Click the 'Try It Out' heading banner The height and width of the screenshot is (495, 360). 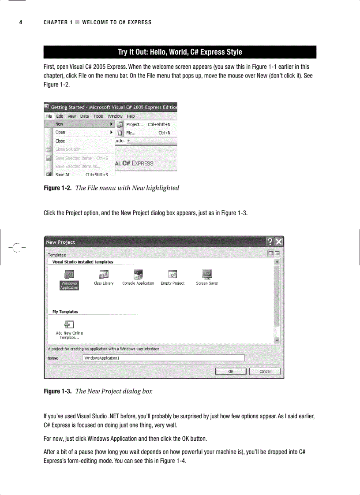coord(180,52)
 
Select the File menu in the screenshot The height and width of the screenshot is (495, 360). coord(49,116)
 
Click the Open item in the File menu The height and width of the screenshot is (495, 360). coord(60,132)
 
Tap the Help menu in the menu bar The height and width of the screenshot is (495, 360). coord(131,116)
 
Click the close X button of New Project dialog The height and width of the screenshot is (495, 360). coord(279,242)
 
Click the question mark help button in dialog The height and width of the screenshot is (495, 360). coord(270,242)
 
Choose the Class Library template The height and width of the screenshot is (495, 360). coord(104,277)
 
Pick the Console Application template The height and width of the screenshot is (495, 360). coord(138,277)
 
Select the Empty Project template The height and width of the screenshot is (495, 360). coord(172,277)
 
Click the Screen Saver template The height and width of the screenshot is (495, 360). coord(207,277)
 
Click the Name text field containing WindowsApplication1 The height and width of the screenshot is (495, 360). coord(163,358)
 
